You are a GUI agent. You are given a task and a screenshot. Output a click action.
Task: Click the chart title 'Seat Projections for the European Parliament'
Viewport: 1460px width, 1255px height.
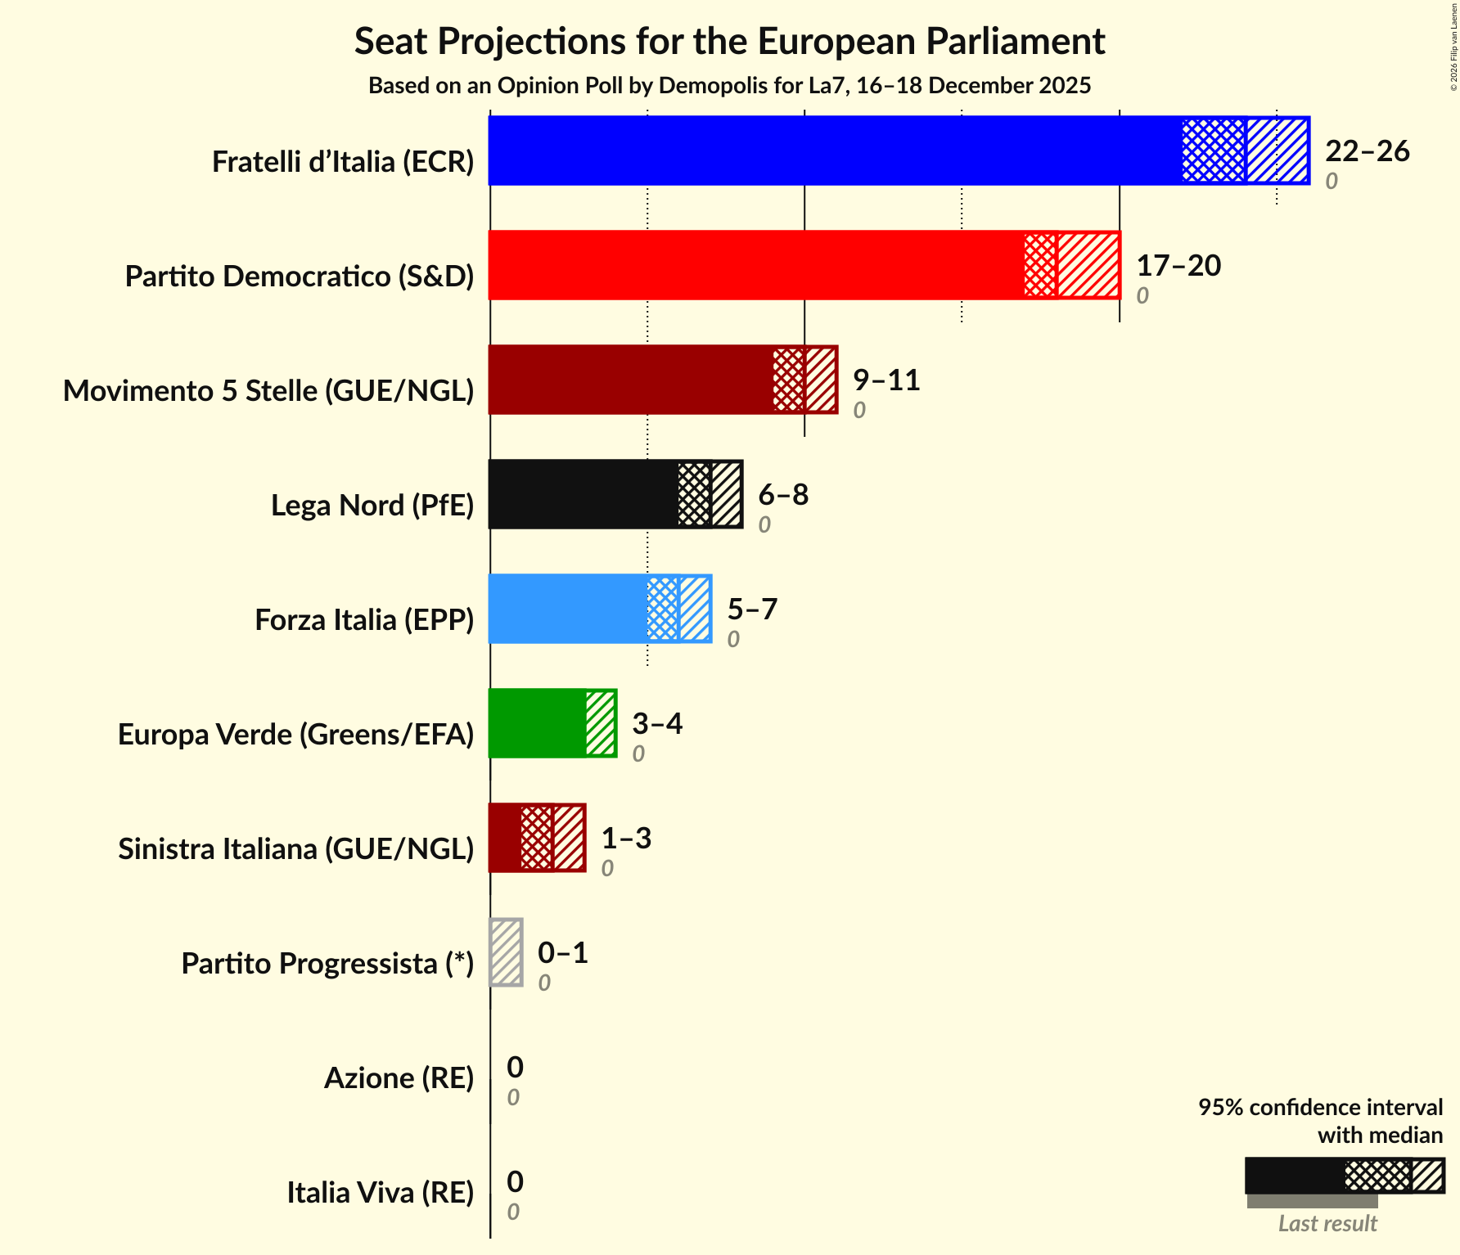[x=729, y=42]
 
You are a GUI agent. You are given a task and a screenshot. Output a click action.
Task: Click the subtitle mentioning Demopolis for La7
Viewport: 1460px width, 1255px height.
[x=729, y=86]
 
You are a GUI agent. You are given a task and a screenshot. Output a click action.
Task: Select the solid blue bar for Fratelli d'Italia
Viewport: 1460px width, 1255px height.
[x=835, y=151]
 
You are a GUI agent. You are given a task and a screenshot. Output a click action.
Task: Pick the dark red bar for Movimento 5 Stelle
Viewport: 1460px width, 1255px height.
[x=631, y=380]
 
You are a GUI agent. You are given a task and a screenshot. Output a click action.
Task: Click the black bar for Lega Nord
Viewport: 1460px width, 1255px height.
[x=584, y=494]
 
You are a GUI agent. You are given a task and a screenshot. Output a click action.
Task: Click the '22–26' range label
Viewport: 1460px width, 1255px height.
[x=1367, y=151]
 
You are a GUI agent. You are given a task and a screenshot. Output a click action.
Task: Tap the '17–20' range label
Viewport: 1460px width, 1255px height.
[x=1178, y=266]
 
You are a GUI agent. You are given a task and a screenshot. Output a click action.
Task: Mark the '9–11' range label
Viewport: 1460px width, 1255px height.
[x=886, y=380]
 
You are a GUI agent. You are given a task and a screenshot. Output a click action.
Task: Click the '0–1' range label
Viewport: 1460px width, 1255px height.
[x=563, y=953]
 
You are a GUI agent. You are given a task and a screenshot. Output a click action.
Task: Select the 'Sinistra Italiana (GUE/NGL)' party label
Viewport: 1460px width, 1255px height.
[x=296, y=849]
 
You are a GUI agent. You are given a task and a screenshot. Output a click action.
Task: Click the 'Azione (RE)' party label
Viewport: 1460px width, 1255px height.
[x=399, y=1078]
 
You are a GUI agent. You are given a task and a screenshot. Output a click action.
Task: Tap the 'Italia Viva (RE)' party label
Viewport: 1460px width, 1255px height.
[x=381, y=1193]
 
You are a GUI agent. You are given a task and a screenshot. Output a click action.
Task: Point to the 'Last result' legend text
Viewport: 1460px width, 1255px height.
[x=1327, y=1224]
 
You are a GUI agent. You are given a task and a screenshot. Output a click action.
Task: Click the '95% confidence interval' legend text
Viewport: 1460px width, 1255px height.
[x=1320, y=1108]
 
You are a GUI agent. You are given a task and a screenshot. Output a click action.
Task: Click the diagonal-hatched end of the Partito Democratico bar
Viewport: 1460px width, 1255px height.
[x=1088, y=265]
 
